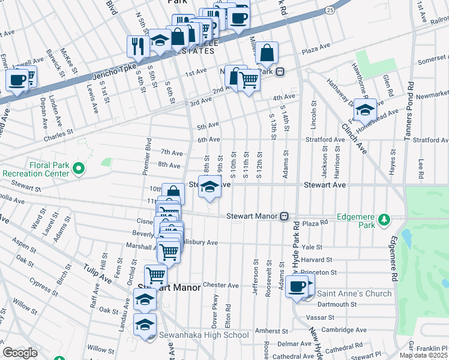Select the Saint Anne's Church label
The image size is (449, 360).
click(354, 293)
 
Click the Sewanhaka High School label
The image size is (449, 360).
click(203, 335)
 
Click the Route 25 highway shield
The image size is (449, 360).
click(330, 10)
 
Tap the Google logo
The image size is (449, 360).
click(20, 353)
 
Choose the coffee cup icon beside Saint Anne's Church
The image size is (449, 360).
click(297, 286)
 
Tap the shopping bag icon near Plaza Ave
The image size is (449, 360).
click(267, 53)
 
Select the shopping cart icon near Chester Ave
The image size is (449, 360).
click(156, 275)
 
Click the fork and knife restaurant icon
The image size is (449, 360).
click(137, 46)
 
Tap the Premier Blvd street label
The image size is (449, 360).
click(146, 156)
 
